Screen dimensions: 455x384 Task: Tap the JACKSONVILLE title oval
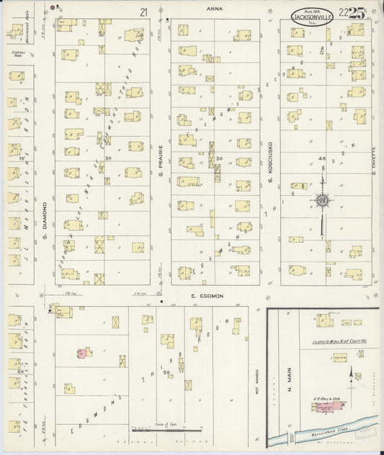(x=312, y=17)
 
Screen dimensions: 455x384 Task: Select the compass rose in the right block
(x=323, y=199)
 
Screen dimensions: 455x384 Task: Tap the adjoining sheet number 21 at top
(x=145, y=11)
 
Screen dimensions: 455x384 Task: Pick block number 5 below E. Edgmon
(x=166, y=371)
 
